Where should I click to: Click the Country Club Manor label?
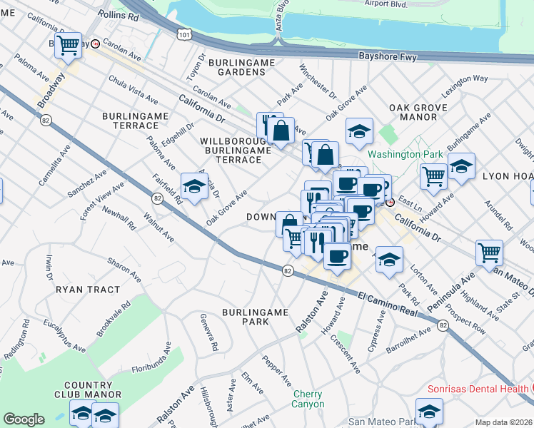(87, 389)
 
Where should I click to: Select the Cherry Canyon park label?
(307, 399)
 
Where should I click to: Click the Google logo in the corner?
(24, 419)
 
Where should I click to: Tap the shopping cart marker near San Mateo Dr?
(489, 252)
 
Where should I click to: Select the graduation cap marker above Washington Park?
(359, 131)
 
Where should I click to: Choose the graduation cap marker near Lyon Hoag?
(461, 166)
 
